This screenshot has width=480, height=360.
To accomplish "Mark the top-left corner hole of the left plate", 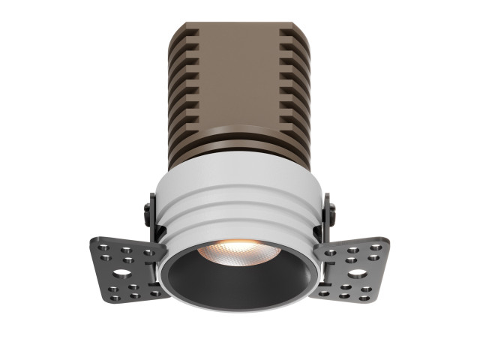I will click(x=100, y=243).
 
